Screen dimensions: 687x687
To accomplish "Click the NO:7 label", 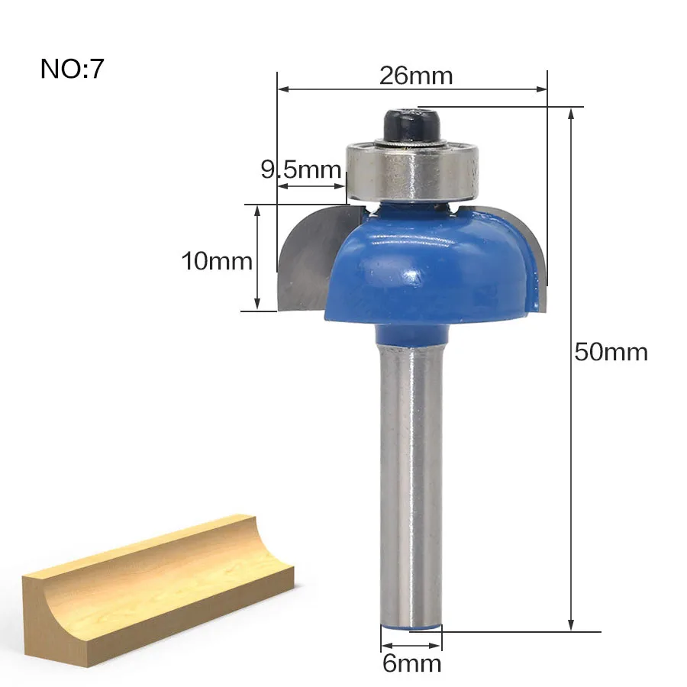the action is coord(73,69).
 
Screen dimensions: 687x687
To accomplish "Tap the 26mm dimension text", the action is coord(416,76).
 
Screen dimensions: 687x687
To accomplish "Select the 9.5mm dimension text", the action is coord(301,170).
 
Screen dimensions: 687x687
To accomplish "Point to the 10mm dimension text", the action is coord(217,261).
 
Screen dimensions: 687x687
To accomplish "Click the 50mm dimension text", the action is coord(611,352).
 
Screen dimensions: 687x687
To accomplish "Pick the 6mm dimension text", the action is coord(411,663).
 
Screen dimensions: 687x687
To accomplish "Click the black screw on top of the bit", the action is coord(412,124).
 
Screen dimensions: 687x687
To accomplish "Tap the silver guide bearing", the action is coord(412,171).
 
